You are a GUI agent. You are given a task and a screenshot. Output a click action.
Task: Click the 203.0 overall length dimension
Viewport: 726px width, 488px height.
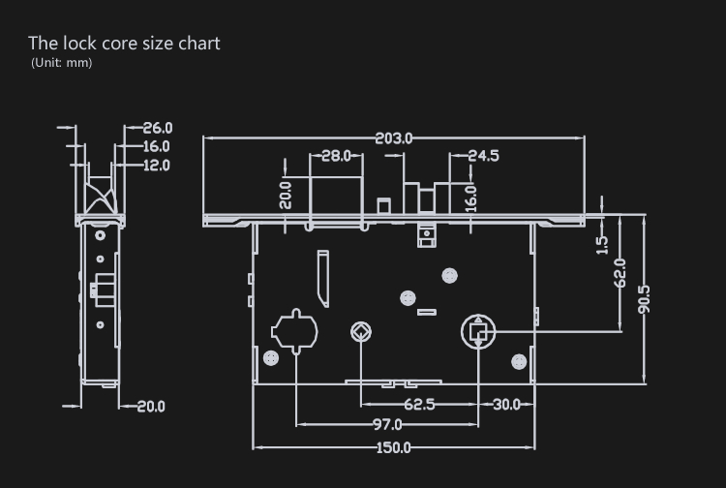(x=393, y=138)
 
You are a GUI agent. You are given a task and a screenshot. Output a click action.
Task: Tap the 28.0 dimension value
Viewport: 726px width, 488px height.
(x=336, y=156)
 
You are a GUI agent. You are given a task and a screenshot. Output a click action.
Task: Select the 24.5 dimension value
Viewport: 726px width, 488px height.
(x=483, y=156)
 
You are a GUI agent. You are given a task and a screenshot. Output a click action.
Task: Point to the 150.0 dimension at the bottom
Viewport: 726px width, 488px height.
(x=393, y=447)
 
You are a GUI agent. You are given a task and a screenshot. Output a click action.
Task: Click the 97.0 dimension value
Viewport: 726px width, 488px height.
(x=387, y=424)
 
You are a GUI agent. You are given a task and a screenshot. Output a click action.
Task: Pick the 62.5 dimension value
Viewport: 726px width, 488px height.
(x=419, y=405)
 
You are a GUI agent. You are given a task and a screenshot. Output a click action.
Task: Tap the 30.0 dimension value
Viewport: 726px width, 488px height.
(x=506, y=405)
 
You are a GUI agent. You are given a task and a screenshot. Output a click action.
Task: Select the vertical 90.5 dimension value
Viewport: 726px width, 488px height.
(x=644, y=299)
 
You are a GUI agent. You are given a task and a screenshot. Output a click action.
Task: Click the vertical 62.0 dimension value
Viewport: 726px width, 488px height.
(x=620, y=273)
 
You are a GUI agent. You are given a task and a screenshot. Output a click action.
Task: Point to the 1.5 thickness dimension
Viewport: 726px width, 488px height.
(x=601, y=245)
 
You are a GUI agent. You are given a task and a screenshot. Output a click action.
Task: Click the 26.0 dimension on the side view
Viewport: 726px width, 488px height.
(x=158, y=128)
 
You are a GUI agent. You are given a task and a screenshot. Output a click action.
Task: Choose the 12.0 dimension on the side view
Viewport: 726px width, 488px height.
(x=157, y=166)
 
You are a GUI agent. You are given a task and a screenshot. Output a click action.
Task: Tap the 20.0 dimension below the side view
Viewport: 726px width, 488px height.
(x=151, y=407)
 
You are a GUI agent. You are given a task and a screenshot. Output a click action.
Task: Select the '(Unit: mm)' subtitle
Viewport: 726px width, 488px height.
(x=62, y=63)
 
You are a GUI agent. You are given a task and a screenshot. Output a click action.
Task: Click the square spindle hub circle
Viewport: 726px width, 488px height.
(x=478, y=331)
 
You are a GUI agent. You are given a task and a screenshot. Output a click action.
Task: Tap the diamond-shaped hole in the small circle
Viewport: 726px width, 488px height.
(x=361, y=332)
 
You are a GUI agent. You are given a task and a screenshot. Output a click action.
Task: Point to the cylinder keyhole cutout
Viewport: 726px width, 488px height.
(x=294, y=331)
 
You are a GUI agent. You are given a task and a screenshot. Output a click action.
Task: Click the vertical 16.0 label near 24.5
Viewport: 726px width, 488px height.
(x=470, y=198)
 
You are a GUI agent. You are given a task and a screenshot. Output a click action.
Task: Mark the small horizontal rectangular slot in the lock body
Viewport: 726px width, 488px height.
(x=427, y=312)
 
